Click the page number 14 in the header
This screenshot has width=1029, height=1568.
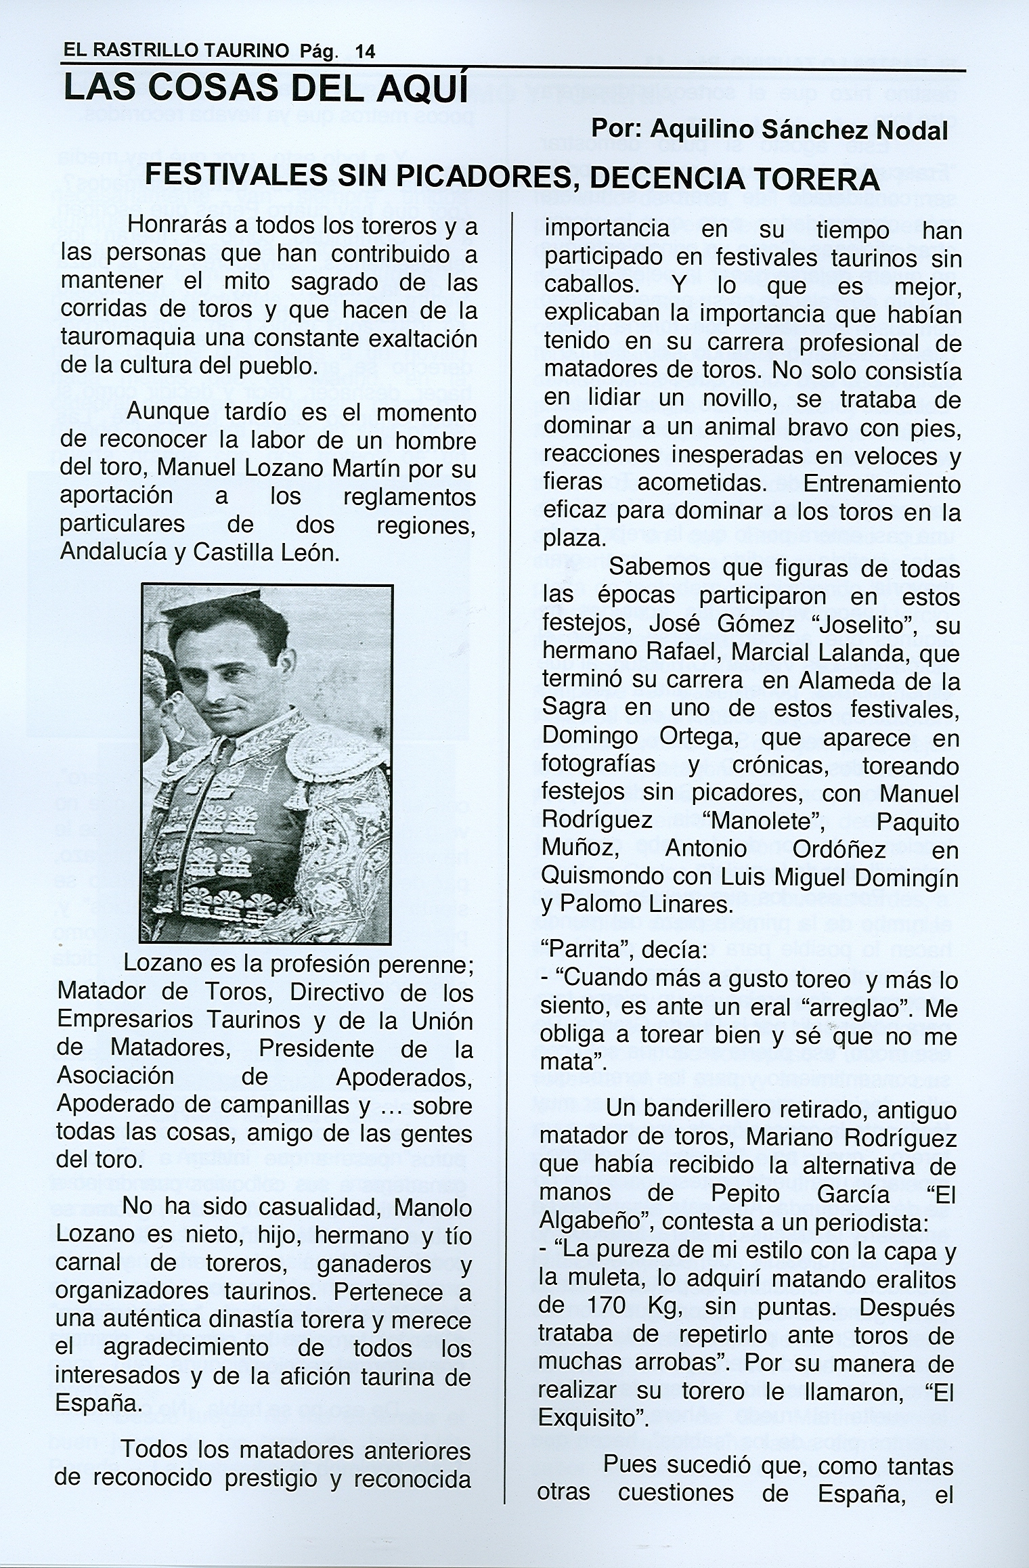[x=364, y=51]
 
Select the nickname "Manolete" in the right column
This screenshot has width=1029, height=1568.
[x=762, y=822]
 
